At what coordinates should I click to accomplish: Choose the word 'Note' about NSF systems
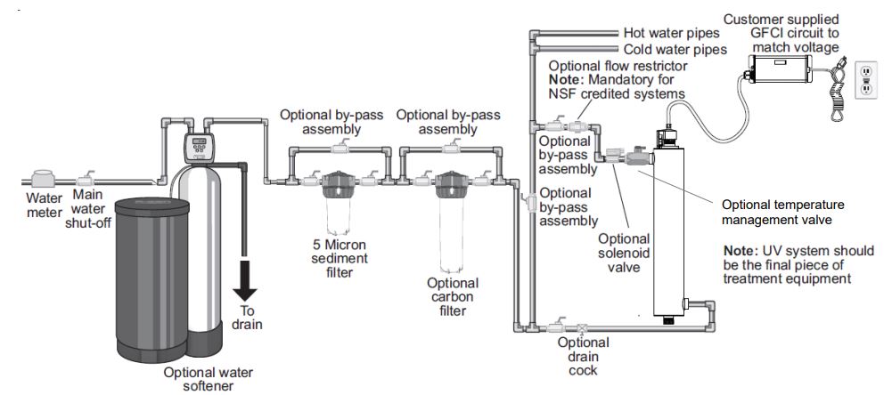point(563,79)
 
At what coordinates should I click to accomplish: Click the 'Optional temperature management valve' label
point(782,211)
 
